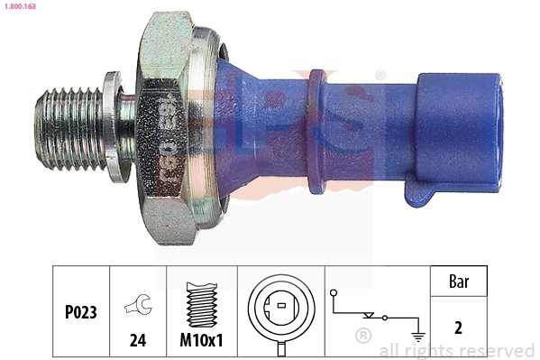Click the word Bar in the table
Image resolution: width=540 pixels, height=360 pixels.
[457, 282]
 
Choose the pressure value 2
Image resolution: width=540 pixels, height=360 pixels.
[457, 328]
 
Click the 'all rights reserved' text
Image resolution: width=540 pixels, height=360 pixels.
[457, 350]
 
